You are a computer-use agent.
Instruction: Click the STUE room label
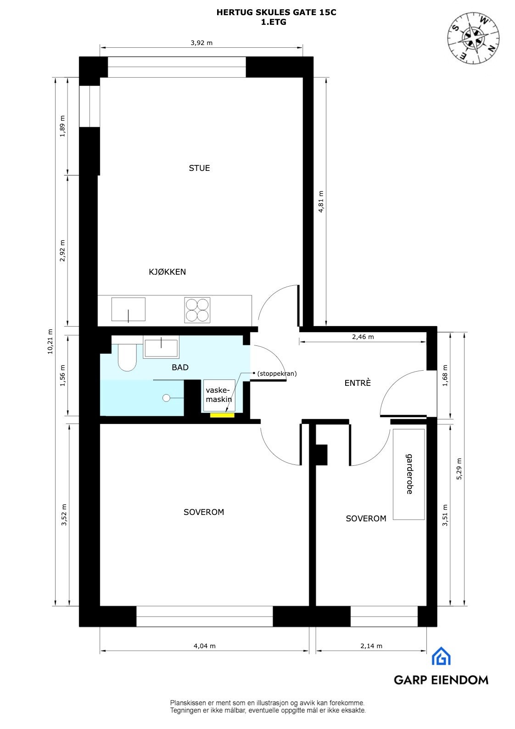coord(199,168)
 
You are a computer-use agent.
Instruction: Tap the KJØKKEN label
coord(167,272)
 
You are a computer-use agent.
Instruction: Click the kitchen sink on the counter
coord(129,310)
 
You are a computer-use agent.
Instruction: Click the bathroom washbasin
coord(161,348)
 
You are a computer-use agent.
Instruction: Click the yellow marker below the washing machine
coord(222,415)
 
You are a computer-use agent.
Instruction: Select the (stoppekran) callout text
coord(277,374)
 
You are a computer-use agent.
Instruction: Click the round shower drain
coord(166,398)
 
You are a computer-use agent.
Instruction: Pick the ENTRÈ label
coord(358,383)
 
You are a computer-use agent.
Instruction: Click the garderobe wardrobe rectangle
coord(409,474)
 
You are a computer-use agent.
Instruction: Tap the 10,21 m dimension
coord(50,341)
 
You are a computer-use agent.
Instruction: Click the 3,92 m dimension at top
coord(202,43)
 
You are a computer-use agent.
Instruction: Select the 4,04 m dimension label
coord(204,646)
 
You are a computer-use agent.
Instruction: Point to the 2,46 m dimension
coord(363,337)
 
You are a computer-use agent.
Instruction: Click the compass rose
coord(474,37)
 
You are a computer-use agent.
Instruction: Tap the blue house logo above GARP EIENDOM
coord(441,656)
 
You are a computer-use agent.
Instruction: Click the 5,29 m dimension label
coord(459,469)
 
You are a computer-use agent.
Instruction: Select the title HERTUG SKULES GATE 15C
coord(276,13)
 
